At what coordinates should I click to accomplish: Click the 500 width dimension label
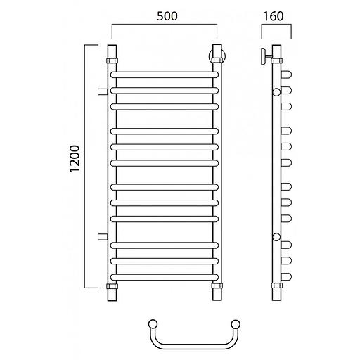click(167, 16)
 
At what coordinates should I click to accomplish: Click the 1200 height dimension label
click(75, 159)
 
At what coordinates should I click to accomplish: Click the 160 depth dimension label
click(274, 16)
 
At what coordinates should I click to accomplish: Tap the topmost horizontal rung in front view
click(165, 75)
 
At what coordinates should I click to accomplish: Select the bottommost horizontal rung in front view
click(165, 277)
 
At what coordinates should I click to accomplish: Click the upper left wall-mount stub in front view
click(103, 91)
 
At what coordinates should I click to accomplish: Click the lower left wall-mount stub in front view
click(103, 237)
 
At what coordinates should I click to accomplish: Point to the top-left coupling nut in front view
click(112, 60)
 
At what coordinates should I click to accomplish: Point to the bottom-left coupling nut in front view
click(112, 286)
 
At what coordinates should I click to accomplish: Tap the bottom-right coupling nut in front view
click(217, 286)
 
